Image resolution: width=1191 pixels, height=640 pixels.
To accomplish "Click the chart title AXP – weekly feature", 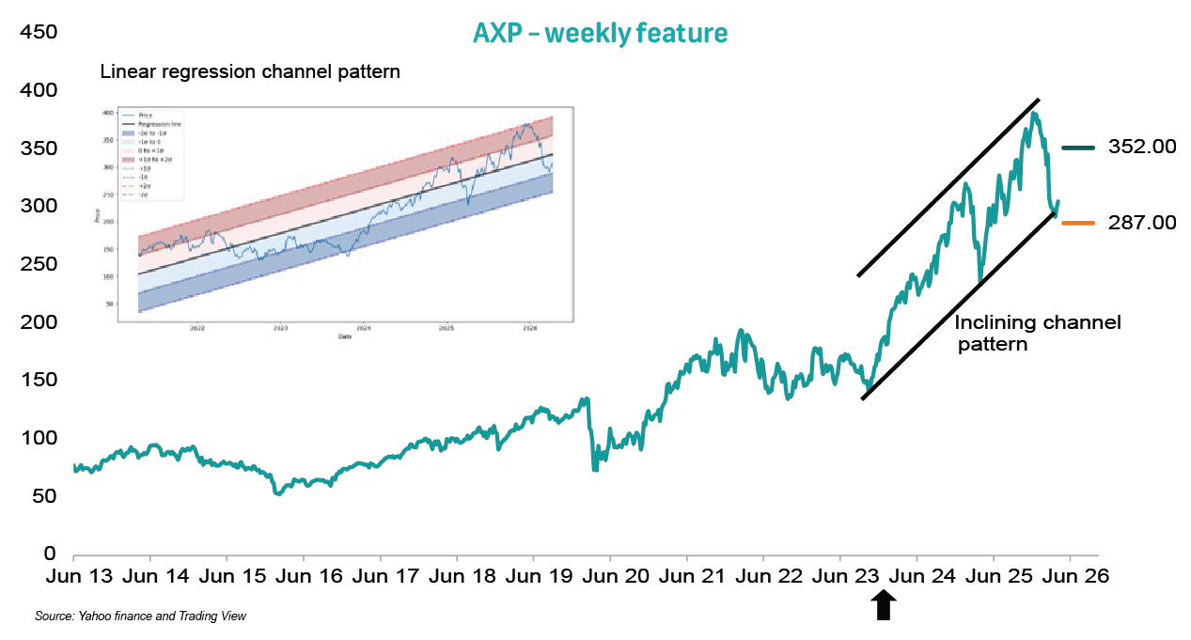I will [x=600, y=34].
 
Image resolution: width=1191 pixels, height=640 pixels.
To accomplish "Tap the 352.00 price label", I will [x=1141, y=148].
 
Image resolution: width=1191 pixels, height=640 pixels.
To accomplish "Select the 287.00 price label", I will [x=1141, y=223].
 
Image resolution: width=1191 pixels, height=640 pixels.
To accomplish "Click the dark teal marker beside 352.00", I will [x=1078, y=148].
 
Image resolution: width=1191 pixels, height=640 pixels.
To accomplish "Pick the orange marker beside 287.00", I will [x=1078, y=223].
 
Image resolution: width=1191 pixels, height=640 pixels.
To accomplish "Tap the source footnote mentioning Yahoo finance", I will [x=140, y=617].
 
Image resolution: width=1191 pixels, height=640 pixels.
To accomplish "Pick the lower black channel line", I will [x=959, y=305].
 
